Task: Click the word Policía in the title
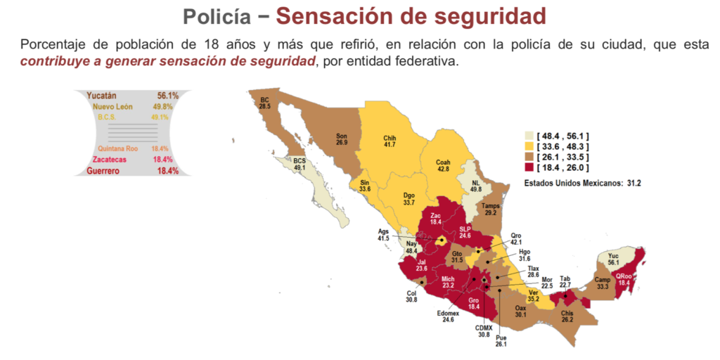(214, 15)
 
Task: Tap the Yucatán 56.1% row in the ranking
(132, 95)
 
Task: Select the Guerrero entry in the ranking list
(132, 171)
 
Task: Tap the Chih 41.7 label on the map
(390, 141)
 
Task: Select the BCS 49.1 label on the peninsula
(300, 165)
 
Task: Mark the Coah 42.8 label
(442, 165)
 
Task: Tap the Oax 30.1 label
(521, 311)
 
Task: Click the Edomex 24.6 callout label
(448, 316)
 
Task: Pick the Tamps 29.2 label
(491, 209)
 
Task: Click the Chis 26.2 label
(567, 316)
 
